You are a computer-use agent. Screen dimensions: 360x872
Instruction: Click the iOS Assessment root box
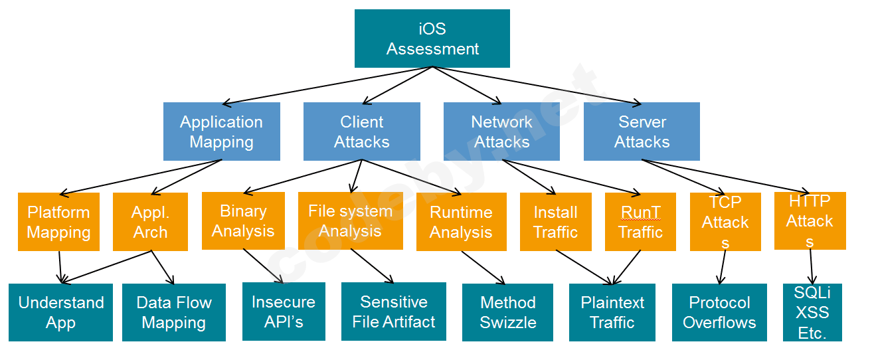click(432, 39)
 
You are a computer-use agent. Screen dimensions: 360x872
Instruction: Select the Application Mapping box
click(221, 132)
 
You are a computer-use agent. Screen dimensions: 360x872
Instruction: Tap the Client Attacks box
click(361, 132)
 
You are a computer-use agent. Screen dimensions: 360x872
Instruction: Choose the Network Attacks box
click(501, 132)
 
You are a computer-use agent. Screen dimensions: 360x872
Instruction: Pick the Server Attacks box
click(642, 132)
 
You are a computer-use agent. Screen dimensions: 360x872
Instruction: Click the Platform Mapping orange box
click(58, 222)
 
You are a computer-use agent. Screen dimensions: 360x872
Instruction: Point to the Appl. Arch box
click(150, 222)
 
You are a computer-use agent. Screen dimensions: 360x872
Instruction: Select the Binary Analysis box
click(243, 221)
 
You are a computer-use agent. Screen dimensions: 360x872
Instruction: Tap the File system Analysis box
click(350, 221)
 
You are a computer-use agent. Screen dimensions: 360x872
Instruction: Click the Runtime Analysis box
click(461, 222)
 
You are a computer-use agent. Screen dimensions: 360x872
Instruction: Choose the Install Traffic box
click(555, 222)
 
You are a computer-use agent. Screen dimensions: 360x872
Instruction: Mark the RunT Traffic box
click(640, 222)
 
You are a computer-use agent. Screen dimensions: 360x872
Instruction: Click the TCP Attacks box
click(725, 222)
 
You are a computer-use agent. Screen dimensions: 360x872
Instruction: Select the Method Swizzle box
click(507, 312)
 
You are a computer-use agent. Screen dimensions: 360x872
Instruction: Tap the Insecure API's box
click(284, 312)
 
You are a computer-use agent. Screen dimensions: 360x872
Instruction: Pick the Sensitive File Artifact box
click(393, 312)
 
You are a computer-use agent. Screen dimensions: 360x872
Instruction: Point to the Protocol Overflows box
click(719, 312)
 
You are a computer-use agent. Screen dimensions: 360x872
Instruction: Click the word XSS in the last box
click(812, 313)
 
